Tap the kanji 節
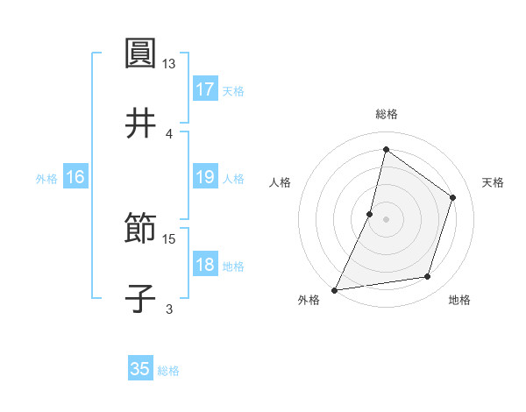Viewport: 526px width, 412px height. pos(140,230)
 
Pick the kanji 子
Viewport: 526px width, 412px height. pos(140,298)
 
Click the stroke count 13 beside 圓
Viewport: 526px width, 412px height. pos(169,64)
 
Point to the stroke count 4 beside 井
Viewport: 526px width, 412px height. pos(169,133)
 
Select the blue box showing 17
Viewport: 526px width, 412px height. pos(205,89)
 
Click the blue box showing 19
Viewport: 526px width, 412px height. pos(205,177)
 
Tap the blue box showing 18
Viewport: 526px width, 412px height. pos(205,265)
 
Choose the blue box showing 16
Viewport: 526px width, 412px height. pos(75,177)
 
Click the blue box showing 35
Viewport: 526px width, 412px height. pos(140,369)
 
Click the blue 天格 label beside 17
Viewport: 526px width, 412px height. pos(233,90)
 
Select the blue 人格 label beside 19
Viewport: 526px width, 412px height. pos(233,178)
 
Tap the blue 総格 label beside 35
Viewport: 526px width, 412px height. pos(168,370)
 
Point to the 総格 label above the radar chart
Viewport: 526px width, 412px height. pos(386,114)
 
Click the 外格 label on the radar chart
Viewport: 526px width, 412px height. pos(309,300)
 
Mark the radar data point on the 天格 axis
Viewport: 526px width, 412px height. pos(453,197)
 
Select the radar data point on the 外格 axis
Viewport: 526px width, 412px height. pos(335,289)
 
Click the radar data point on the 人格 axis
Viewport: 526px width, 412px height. pos(370,214)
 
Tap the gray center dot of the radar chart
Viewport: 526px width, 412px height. pos(386,219)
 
